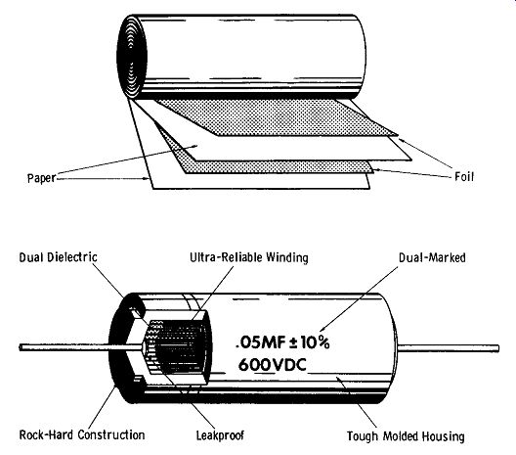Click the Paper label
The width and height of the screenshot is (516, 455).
click(41, 178)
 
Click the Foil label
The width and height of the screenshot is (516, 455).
click(464, 177)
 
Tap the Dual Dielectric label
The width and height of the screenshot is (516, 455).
click(59, 257)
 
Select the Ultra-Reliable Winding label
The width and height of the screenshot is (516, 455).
click(249, 257)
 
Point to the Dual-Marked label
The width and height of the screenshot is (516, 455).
click(432, 257)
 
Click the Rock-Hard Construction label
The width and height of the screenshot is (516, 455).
click(82, 434)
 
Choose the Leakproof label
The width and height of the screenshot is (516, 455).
click(220, 435)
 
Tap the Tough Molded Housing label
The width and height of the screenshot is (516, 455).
click(406, 436)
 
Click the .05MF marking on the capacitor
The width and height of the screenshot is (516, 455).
click(260, 343)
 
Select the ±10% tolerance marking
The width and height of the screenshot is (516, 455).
click(310, 342)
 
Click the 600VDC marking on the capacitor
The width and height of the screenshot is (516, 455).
click(273, 365)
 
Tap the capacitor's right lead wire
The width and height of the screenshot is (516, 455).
click(449, 348)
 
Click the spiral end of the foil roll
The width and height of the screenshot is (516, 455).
click(132, 56)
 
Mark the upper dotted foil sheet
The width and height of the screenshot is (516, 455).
click(277, 117)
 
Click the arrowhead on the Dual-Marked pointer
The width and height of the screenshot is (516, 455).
click(322, 329)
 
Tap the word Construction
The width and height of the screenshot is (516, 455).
click(111, 434)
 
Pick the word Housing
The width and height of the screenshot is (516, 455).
click(444, 436)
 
